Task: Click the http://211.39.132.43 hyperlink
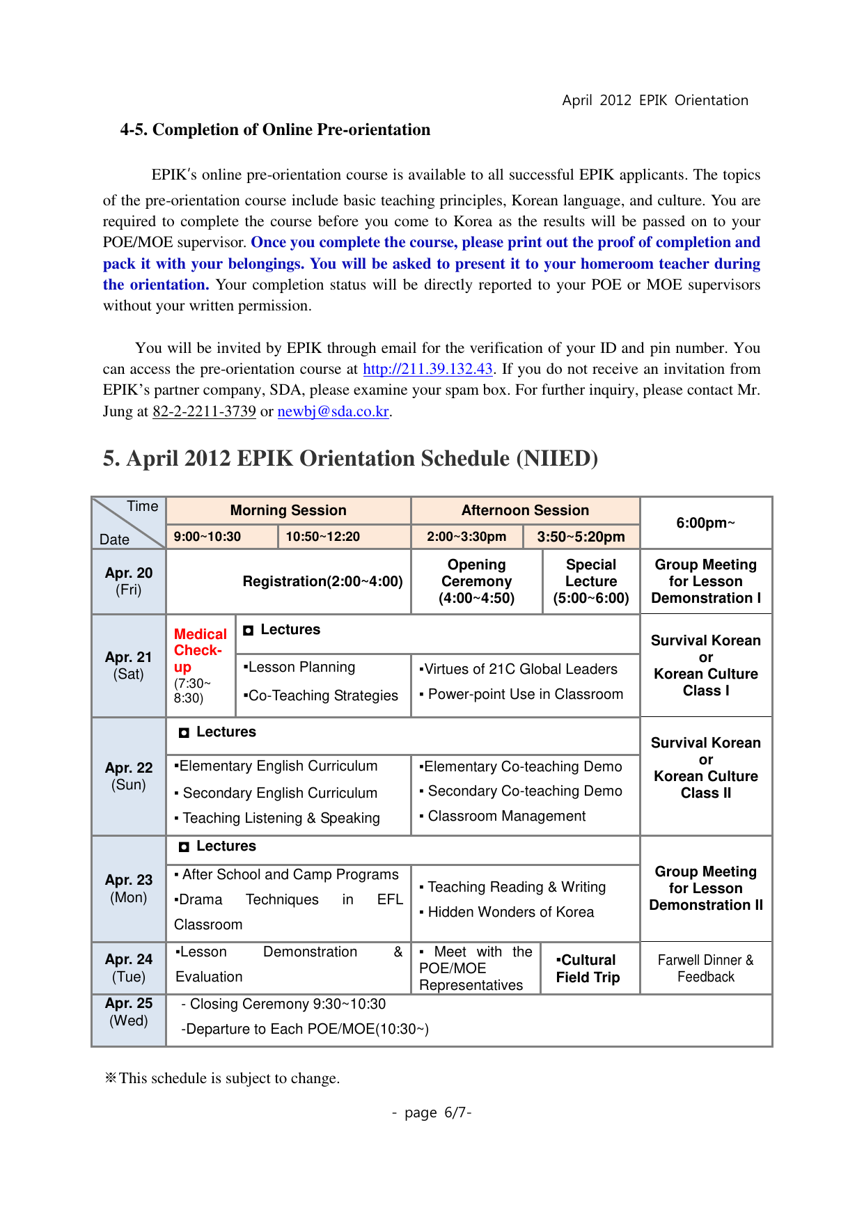tap(427, 369)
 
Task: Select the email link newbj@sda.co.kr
tap(333, 411)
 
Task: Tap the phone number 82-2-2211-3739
tap(204, 411)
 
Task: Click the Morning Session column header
tap(288, 510)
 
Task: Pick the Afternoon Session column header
tap(525, 510)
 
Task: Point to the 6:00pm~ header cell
tap(705, 523)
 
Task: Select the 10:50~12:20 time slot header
tap(323, 537)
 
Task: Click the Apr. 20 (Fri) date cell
tap(129, 581)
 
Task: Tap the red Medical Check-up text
tap(200, 650)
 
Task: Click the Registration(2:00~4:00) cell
tap(322, 581)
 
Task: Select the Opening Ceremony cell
tap(476, 581)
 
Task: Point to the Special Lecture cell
tap(590, 581)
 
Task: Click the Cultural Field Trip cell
tap(588, 968)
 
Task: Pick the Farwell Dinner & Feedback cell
tap(705, 968)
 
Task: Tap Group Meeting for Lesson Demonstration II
tap(705, 888)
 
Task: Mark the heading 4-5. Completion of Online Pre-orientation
tap(275, 129)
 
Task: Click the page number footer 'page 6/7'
tap(432, 1112)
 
